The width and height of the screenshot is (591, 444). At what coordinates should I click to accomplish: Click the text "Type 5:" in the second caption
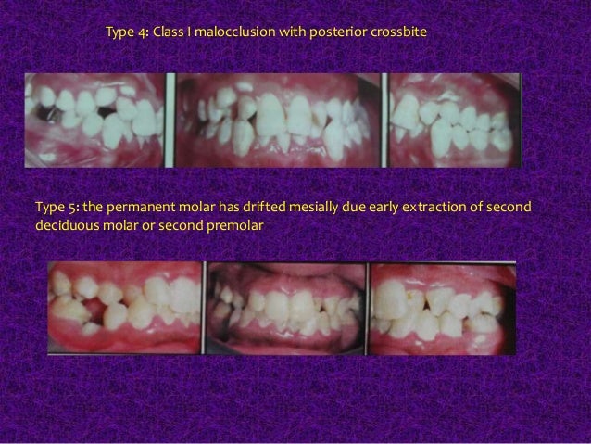[52, 205]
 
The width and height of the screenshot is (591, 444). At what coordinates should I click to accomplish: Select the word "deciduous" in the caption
[64, 223]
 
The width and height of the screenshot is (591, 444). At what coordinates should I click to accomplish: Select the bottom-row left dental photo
[125, 307]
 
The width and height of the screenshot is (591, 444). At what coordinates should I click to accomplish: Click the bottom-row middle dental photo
[285, 307]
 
